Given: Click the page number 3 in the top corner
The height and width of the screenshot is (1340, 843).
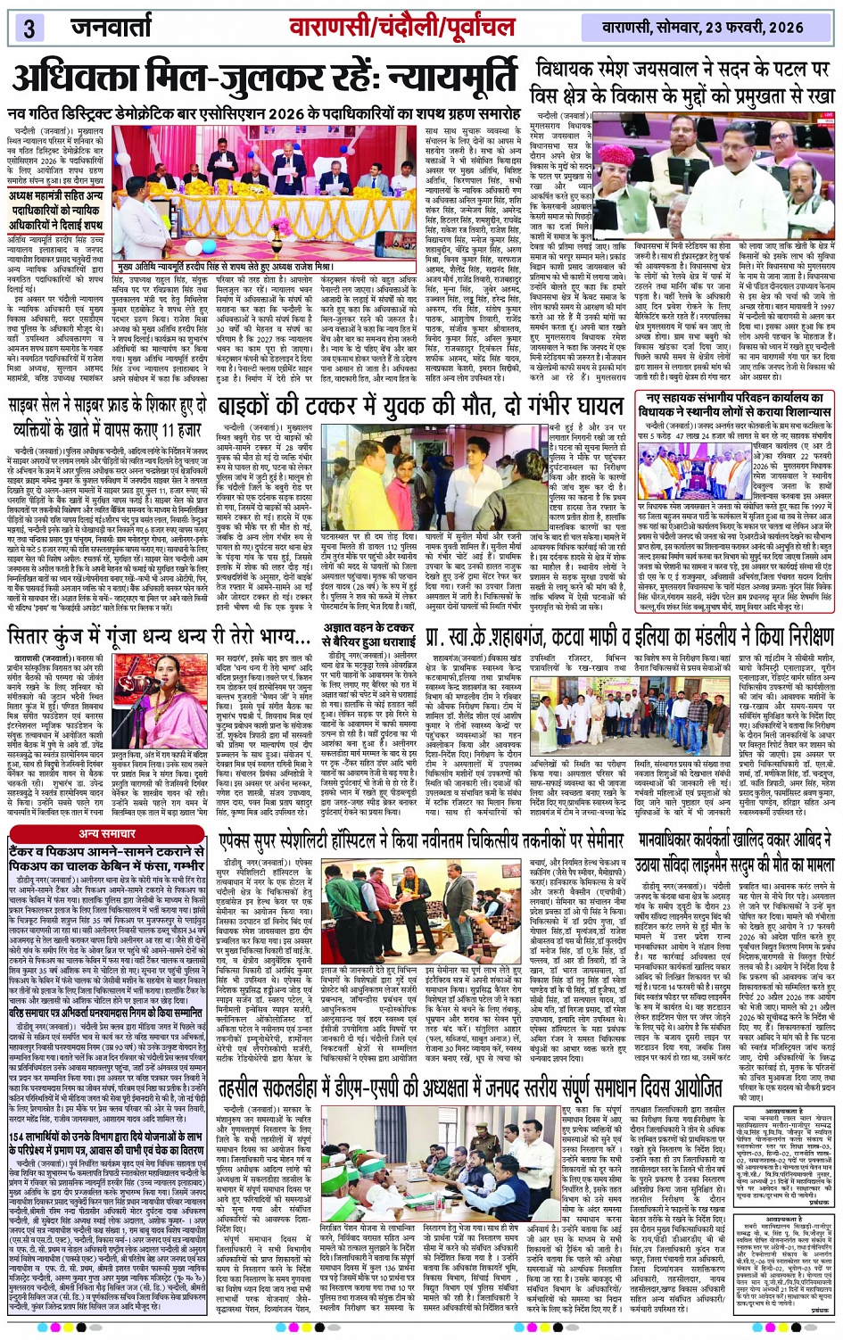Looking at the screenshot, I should pos(29,28).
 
